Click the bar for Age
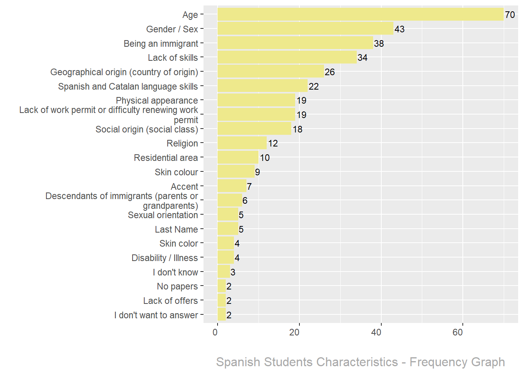(360, 14)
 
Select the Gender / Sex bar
(305, 29)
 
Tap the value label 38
(379, 44)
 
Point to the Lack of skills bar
(287, 57)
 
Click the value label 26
(330, 72)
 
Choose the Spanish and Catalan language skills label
(128, 86)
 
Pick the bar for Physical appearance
(256, 101)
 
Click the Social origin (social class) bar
(254, 129)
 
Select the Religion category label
(182, 143)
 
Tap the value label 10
(265, 158)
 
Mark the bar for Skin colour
(236, 172)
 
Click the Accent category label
(184, 187)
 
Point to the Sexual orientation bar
(228, 215)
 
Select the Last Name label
(176, 229)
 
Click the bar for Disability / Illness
(226, 258)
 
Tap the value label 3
(233, 272)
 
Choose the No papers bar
(221, 286)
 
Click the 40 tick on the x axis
(376, 332)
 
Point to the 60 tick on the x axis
(458, 332)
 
